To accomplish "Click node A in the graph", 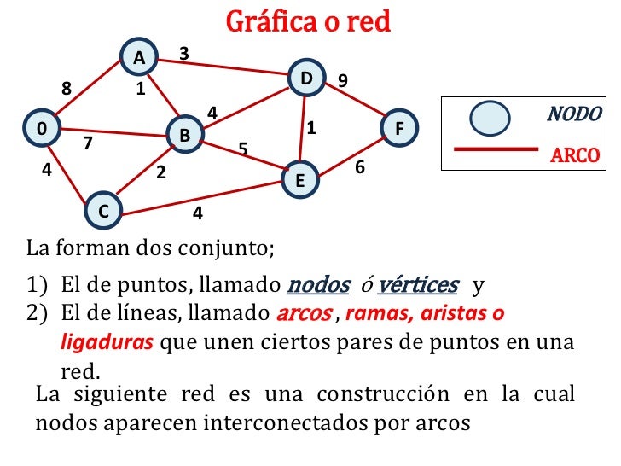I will (x=138, y=57).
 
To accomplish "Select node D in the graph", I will (x=306, y=79).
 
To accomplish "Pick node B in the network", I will (x=183, y=135).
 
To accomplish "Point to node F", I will (x=398, y=129).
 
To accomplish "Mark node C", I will (x=103, y=211).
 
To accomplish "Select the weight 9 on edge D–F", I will (x=342, y=80).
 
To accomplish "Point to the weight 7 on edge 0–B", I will (x=87, y=143).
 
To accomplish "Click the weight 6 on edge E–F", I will (x=360, y=169).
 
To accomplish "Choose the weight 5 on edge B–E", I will (x=242, y=150).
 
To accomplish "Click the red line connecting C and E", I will (x=205, y=196).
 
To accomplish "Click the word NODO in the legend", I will (x=574, y=114).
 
